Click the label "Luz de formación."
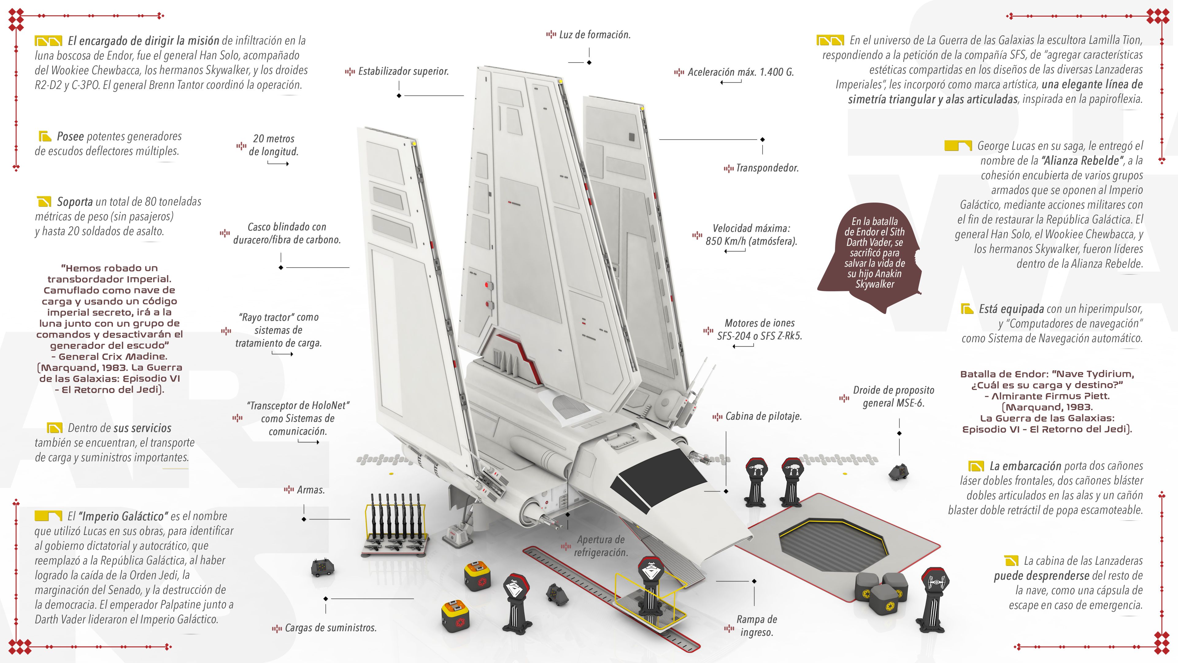[x=595, y=35]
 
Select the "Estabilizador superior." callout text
[x=403, y=72]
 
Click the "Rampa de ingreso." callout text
[x=756, y=626]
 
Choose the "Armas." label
[x=310, y=490]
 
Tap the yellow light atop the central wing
[x=560, y=81]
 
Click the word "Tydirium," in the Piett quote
[x=1108, y=374]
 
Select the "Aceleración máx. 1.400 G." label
[x=740, y=72]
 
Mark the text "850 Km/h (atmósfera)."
[x=751, y=242]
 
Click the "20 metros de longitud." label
[x=273, y=145]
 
